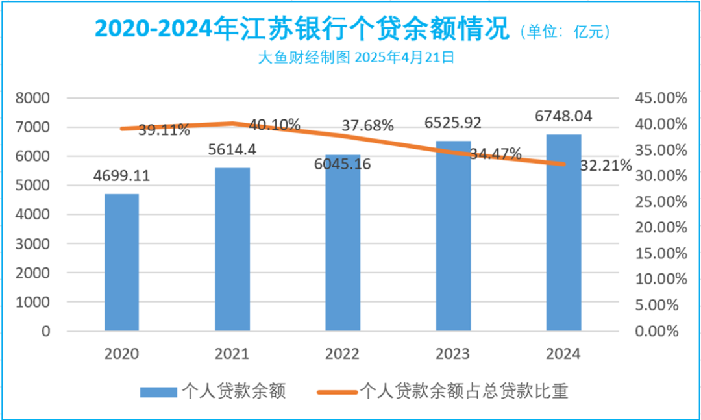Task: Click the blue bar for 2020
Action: pyautogui.click(x=121, y=262)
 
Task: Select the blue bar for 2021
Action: pyautogui.click(x=232, y=249)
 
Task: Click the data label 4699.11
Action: pyautogui.click(x=122, y=176)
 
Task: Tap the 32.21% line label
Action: pyautogui.click(x=606, y=166)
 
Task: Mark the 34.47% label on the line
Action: pyautogui.click(x=497, y=154)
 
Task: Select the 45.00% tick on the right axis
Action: pyautogui.click(x=658, y=98)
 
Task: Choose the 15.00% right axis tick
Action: pyautogui.click(x=658, y=253)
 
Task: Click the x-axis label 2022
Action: pyautogui.click(x=343, y=354)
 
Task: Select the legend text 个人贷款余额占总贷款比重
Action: pyautogui.click(x=463, y=391)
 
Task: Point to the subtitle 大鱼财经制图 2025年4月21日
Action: pyautogui.click(x=355, y=57)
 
